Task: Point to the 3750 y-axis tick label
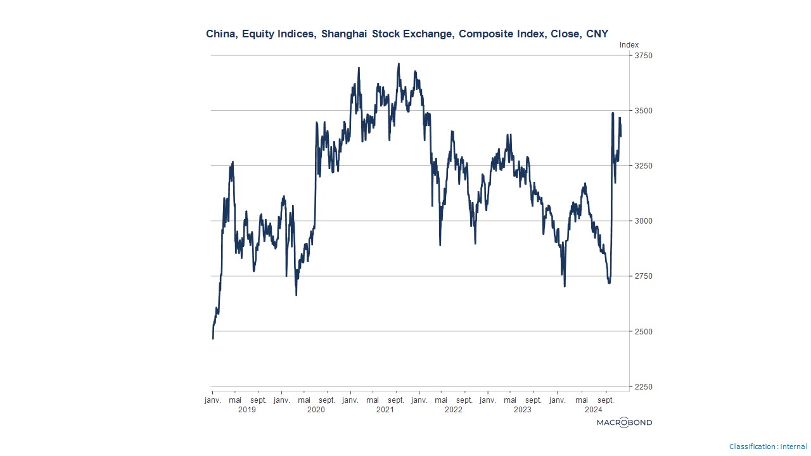pos(644,56)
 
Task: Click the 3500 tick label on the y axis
pos(644,111)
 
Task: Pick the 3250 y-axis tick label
pos(644,166)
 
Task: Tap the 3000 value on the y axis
pos(644,221)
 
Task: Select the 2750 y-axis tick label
pos(644,276)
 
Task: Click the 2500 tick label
pos(644,331)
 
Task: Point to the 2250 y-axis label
pos(644,386)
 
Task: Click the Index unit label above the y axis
pos(629,45)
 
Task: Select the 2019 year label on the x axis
pos(246,410)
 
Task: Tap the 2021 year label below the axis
pos(385,410)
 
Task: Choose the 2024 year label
pos(593,410)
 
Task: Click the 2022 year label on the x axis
pos(454,410)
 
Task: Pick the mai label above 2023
pos(511,400)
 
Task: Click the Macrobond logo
pos(624,422)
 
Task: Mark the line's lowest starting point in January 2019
pos(213,339)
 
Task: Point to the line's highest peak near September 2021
pos(399,64)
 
